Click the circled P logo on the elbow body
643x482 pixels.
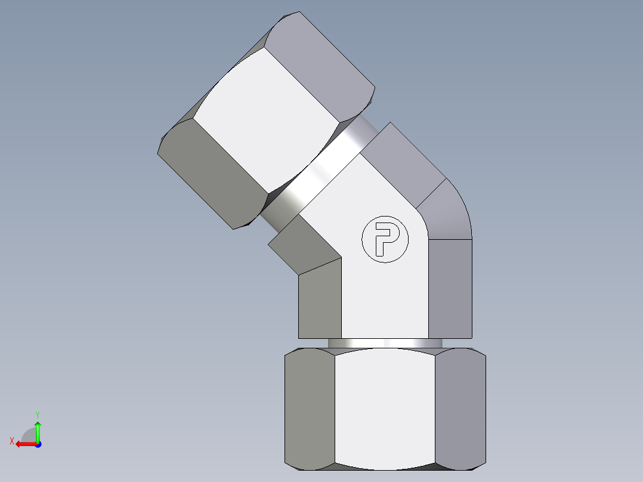(x=385, y=239)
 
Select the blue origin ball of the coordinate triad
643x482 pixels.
(x=38, y=444)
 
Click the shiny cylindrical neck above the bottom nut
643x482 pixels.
(x=385, y=344)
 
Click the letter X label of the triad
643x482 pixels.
(x=11, y=441)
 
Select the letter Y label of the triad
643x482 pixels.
(x=37, y=414)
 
